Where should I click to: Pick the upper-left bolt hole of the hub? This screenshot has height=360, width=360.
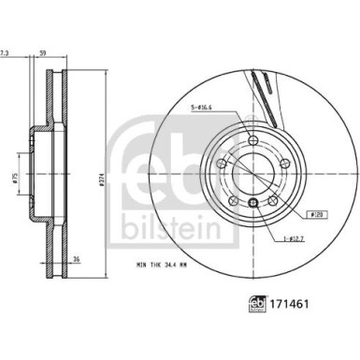click(221, 166)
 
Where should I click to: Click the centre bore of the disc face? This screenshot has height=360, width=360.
click(250, 178)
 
